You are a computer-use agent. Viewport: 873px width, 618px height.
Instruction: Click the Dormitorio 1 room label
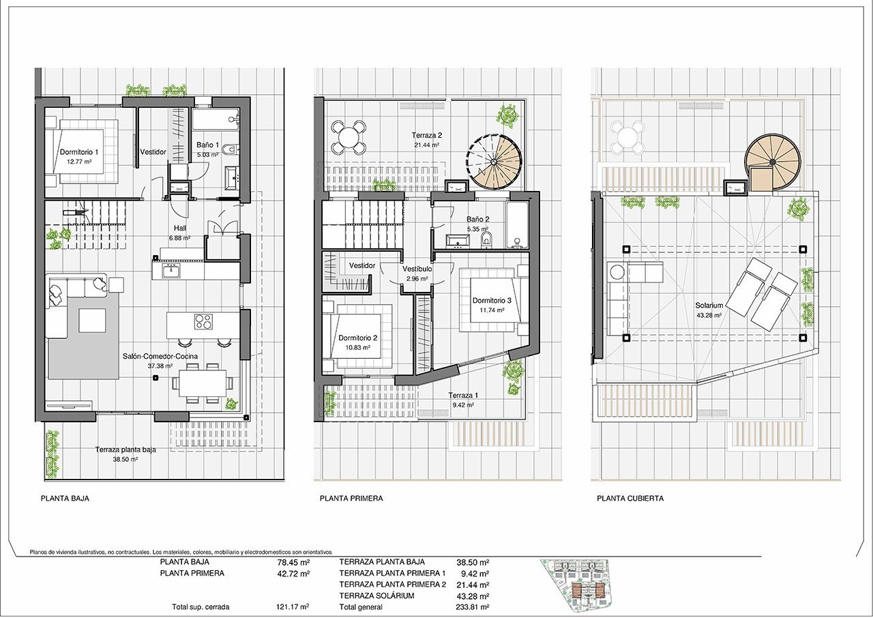click(79, 152)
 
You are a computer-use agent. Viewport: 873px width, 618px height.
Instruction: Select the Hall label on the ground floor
click(180, 228)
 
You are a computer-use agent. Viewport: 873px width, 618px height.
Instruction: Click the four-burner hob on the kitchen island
click(203, 322)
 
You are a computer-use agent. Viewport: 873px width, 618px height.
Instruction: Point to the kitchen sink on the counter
click(171, 270)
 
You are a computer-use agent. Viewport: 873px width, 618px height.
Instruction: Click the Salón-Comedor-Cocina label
click(160, 356)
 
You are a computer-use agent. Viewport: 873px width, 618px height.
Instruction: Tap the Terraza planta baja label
click(125, 450)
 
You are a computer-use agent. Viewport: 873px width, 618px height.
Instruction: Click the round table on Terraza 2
click(349, 137)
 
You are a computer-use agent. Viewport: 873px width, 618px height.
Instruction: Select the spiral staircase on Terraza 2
click(494, 162)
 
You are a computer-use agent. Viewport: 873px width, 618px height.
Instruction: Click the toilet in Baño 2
click(487, 239)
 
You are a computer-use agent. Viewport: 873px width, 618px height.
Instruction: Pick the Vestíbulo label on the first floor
click(417, 269)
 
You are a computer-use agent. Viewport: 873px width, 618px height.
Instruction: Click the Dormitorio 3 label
click(492, 300)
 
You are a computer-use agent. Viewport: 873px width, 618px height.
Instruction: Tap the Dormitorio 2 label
click(358, 338)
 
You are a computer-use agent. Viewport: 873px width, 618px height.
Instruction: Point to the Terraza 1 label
click(463, 395)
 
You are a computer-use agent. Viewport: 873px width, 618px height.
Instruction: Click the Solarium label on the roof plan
click(709, 306)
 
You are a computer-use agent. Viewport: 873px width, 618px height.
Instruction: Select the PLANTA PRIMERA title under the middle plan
click(351, 498)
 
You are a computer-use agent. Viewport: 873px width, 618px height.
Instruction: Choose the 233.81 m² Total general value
click(473, 606)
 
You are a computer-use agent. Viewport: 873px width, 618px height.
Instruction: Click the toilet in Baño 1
click(231, 149)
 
